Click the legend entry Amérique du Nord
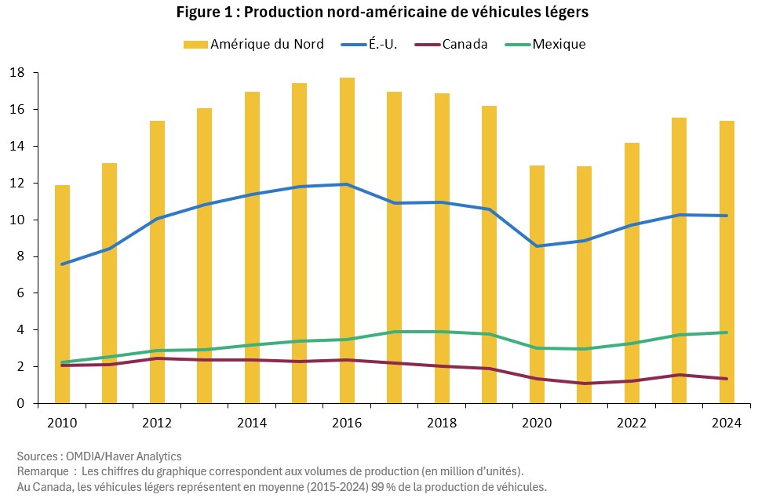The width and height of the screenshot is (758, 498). point(253,44)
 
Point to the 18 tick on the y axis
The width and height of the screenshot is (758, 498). point(18,73)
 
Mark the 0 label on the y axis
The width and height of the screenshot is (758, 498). point(22,403)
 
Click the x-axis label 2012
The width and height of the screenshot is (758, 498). point(157,423)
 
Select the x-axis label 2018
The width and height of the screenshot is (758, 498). point(442,423)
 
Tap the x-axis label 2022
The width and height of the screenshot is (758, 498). point(632,423)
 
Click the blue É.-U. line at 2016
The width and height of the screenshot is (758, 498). point(347,184)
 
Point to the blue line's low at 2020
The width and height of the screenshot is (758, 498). point(537,246)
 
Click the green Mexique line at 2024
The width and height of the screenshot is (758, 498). point(727,333)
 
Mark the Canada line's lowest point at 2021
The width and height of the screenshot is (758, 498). point(585,383)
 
